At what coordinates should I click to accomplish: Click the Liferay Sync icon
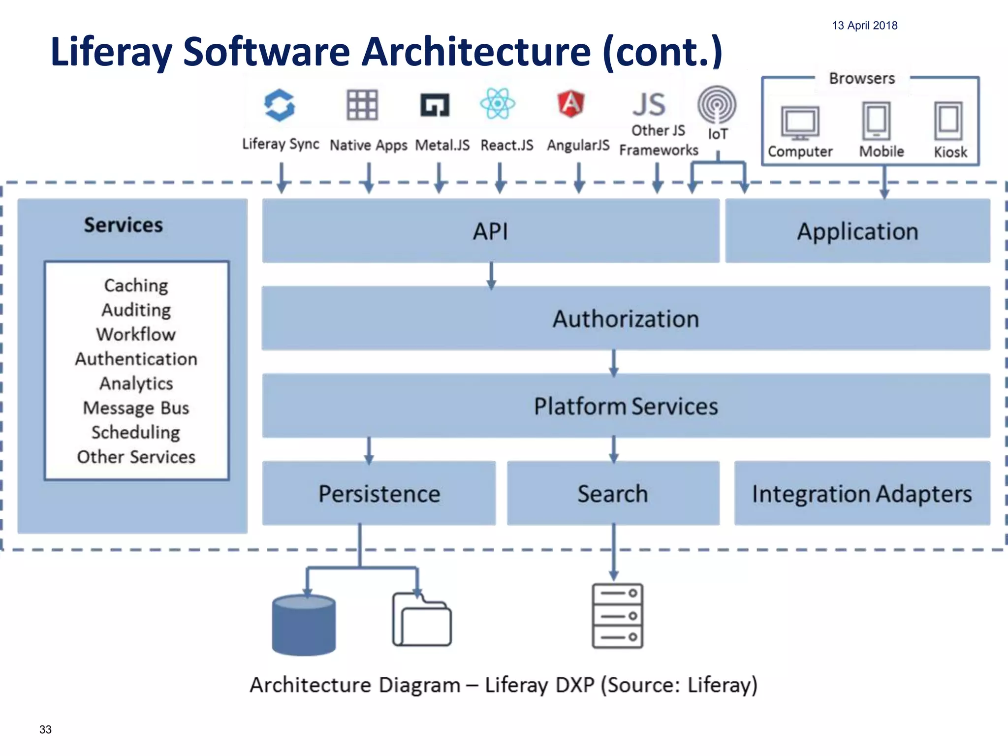point(280,105)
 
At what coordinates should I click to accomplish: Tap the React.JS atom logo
point(498,103)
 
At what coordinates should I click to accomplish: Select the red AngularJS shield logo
point(571,103)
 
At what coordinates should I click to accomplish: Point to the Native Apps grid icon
point(362,105)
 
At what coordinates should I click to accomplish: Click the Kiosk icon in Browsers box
point(948,121)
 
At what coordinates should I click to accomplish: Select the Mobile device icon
point(877,121)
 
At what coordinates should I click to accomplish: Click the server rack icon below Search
point(617,616)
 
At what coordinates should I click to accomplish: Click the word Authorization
point(626,319)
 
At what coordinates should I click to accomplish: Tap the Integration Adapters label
point(862,494)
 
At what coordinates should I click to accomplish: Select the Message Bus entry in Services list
point(136,408)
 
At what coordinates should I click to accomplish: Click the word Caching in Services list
point(136,285)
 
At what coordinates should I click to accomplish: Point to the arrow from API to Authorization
point(491,275)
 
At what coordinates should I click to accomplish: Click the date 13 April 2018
point(864,26)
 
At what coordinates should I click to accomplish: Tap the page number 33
point(45,729)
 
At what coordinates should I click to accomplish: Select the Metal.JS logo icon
point(435,105)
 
